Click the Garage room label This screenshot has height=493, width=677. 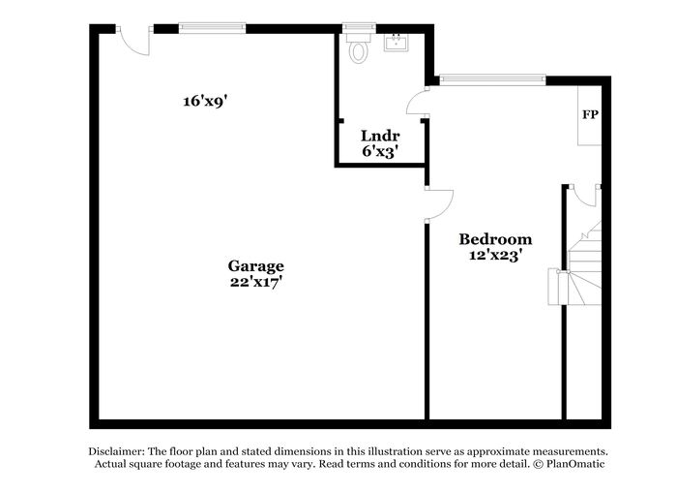255,266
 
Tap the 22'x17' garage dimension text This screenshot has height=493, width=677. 256,282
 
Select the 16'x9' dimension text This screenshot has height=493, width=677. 205,101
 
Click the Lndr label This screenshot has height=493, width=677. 380,136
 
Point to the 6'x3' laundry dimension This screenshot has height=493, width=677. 380,151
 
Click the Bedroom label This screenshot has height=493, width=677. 495,239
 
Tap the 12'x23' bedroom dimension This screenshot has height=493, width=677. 493,255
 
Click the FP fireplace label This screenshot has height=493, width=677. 590,114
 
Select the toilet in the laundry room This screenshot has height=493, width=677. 359,47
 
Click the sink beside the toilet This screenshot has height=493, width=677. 397,43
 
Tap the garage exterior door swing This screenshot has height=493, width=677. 134,42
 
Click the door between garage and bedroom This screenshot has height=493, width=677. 439,204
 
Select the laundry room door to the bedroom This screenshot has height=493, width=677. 417,102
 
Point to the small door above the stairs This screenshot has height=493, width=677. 585,195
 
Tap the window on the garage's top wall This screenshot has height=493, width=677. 212,28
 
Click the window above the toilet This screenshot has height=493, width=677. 359,28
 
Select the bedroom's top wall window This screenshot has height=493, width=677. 492,80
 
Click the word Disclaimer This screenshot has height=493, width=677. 116,451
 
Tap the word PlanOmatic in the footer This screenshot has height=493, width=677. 575,464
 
